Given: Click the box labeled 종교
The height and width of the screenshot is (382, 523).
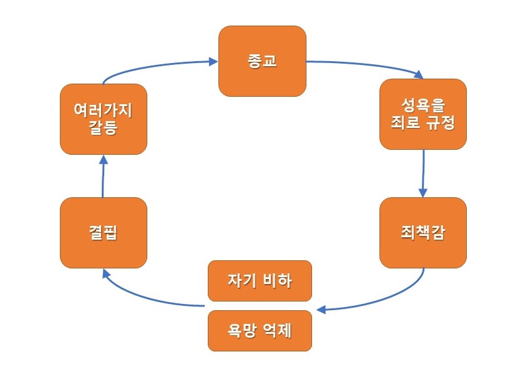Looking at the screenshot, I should [x=262, y=61].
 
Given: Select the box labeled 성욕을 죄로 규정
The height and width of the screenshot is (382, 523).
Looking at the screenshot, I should [x=423, y=114].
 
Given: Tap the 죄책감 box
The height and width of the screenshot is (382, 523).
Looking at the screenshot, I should [x=423, y=233].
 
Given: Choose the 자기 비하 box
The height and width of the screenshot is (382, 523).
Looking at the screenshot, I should [x=259, y=280].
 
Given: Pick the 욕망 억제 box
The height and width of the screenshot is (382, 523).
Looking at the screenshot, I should [x=259, y=330].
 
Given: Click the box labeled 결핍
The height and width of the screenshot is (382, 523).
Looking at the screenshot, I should [x=104, y=233].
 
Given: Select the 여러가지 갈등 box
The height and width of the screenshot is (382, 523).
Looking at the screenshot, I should [x=104, y=119].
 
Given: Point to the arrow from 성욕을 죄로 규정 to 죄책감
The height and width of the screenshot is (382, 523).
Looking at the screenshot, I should [x=424, y=172].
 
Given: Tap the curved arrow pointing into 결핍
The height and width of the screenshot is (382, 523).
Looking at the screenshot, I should [x=144, y=296].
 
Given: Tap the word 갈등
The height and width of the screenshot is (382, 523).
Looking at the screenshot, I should [x=104, y=129].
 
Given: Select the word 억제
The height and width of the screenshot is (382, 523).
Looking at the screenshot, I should [x=279, y=330].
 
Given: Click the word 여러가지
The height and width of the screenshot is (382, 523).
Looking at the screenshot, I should [x=104, y=110].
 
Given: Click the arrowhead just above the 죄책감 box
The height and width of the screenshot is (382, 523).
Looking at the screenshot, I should [x=423, y=192].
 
